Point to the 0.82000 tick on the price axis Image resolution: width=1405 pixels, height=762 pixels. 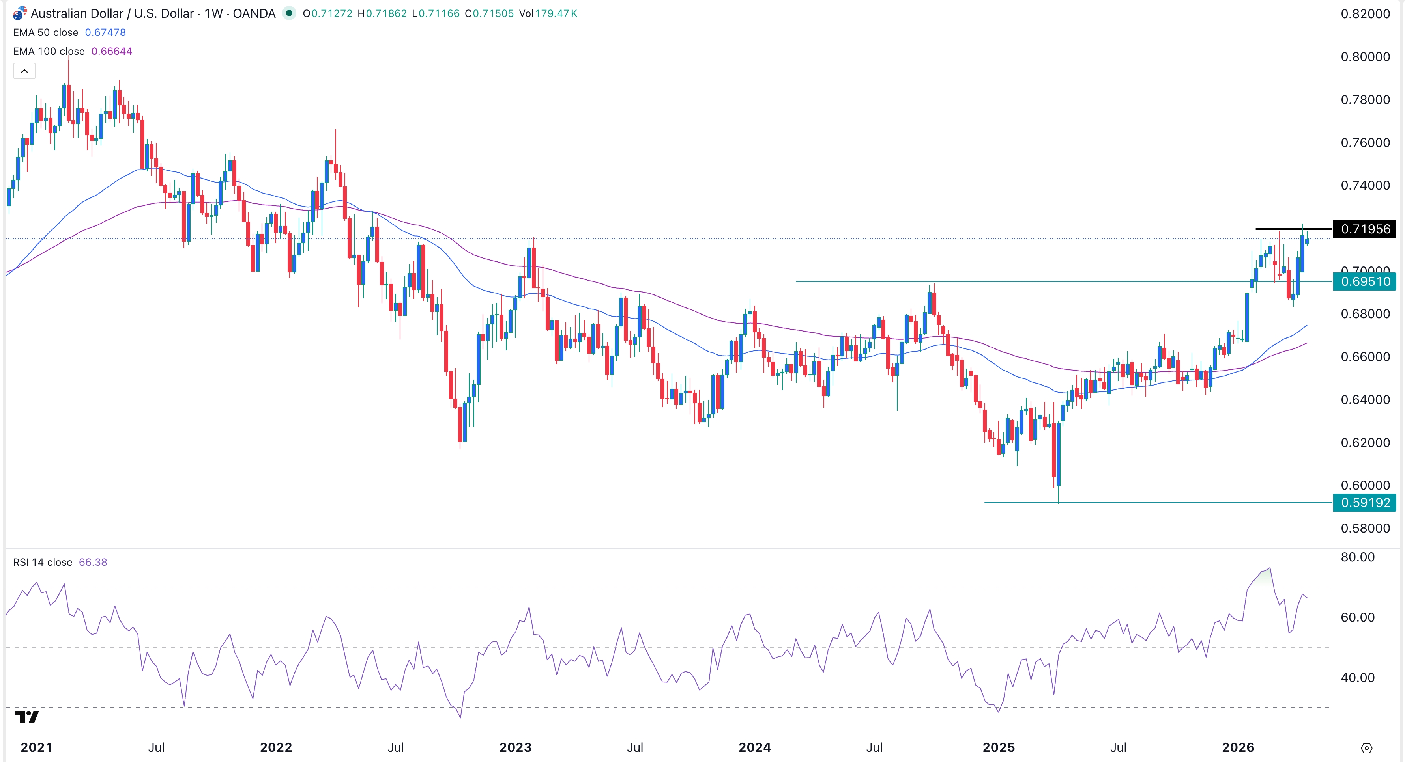(x=1365, y=14)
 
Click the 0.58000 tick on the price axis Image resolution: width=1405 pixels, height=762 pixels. (x=1365, y=528)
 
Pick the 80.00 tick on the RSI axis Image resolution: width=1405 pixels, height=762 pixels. (x=1358, y=557)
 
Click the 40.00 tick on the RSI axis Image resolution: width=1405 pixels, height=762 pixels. (x=1358, y=678)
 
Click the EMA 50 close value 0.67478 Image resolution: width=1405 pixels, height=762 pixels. (x=105, y=33)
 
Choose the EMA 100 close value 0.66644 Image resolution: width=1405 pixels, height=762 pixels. (x=112, y=51)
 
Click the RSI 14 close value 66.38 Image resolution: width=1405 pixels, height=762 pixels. (x=93, y=562)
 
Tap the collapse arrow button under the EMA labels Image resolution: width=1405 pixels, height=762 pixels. (x=24, y=71)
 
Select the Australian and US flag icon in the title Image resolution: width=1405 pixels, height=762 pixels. (x=20, y=13)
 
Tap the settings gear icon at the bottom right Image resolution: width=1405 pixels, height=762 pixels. (x=1366, y=748)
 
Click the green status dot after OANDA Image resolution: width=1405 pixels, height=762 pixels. (x=289, y=13)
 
